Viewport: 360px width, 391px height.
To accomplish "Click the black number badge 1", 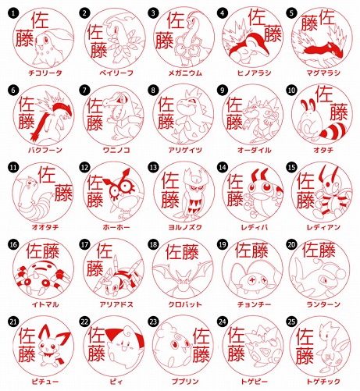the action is pos(13,13).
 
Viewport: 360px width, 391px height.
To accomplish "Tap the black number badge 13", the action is pos(153,167).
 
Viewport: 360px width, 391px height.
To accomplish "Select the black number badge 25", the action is pos(291,322).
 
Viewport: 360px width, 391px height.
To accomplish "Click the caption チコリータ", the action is pos(45,73).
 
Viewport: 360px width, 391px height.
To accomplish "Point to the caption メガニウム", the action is pos(185,73).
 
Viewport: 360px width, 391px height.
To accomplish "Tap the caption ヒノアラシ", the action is pos(255,73).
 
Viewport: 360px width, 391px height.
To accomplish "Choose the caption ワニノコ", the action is pos(116,150).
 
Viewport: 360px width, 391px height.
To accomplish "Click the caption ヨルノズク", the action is pos(185,227).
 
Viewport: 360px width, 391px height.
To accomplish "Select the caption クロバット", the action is pos(185,304).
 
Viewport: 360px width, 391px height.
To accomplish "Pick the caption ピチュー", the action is pos(45,382).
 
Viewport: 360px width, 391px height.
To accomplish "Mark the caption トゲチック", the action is pos(323,382).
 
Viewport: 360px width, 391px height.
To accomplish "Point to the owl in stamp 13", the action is pos(193,194).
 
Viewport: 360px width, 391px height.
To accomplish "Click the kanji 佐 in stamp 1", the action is pos(40,20).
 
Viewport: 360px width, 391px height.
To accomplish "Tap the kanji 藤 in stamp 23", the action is pos(201,355).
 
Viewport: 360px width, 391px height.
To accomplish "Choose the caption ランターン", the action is pos(323,304).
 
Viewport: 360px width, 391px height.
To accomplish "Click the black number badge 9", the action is pos(222,90).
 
